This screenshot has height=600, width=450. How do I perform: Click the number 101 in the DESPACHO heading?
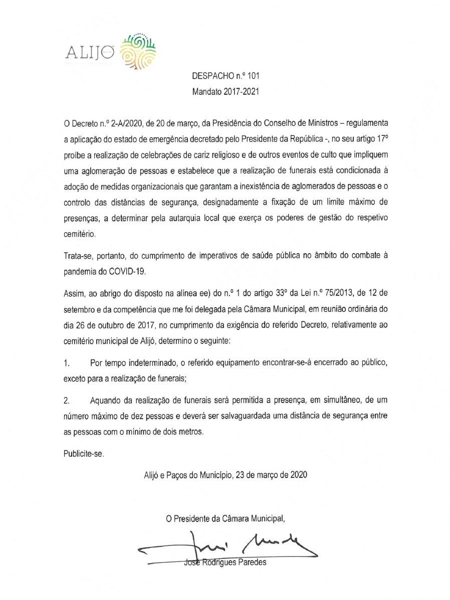coord(253,78)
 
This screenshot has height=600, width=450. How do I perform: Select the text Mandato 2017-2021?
coord(224,92)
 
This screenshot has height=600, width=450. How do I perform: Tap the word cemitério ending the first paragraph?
coord(79,234)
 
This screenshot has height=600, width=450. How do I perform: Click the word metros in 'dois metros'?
coord(192,432)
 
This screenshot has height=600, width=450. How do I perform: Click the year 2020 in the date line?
coord(299,474)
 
